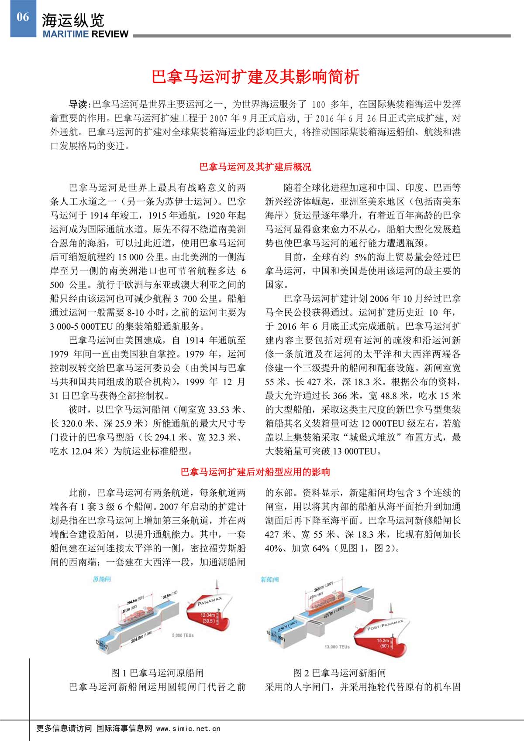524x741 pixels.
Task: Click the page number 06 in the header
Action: click(x=23, y=17)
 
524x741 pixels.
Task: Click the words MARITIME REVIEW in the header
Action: click(x=86, y=34)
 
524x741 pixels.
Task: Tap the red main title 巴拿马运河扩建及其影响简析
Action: click(x=255, y=77)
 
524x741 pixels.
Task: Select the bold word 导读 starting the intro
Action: click(x=79, y=105)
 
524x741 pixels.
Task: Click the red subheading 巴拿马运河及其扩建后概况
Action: click(x=255, y=167)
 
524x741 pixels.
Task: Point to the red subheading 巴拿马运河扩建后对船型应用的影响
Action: click(x=255, y=472)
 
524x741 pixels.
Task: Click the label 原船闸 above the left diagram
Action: click(x=102, y=579)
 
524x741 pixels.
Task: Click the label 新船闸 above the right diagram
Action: click(x=269, y=580)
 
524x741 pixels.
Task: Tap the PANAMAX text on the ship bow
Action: click(x=210, y=601)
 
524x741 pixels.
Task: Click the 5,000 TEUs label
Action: click(x=183, y=635)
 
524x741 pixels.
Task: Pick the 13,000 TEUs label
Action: click(x=337, y=647)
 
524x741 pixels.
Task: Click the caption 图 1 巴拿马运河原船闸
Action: click(x=157, y=673)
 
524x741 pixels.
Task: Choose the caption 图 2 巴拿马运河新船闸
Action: click(x=339, y=673)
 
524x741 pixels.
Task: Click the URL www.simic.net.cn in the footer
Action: click(x=188, y=728)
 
